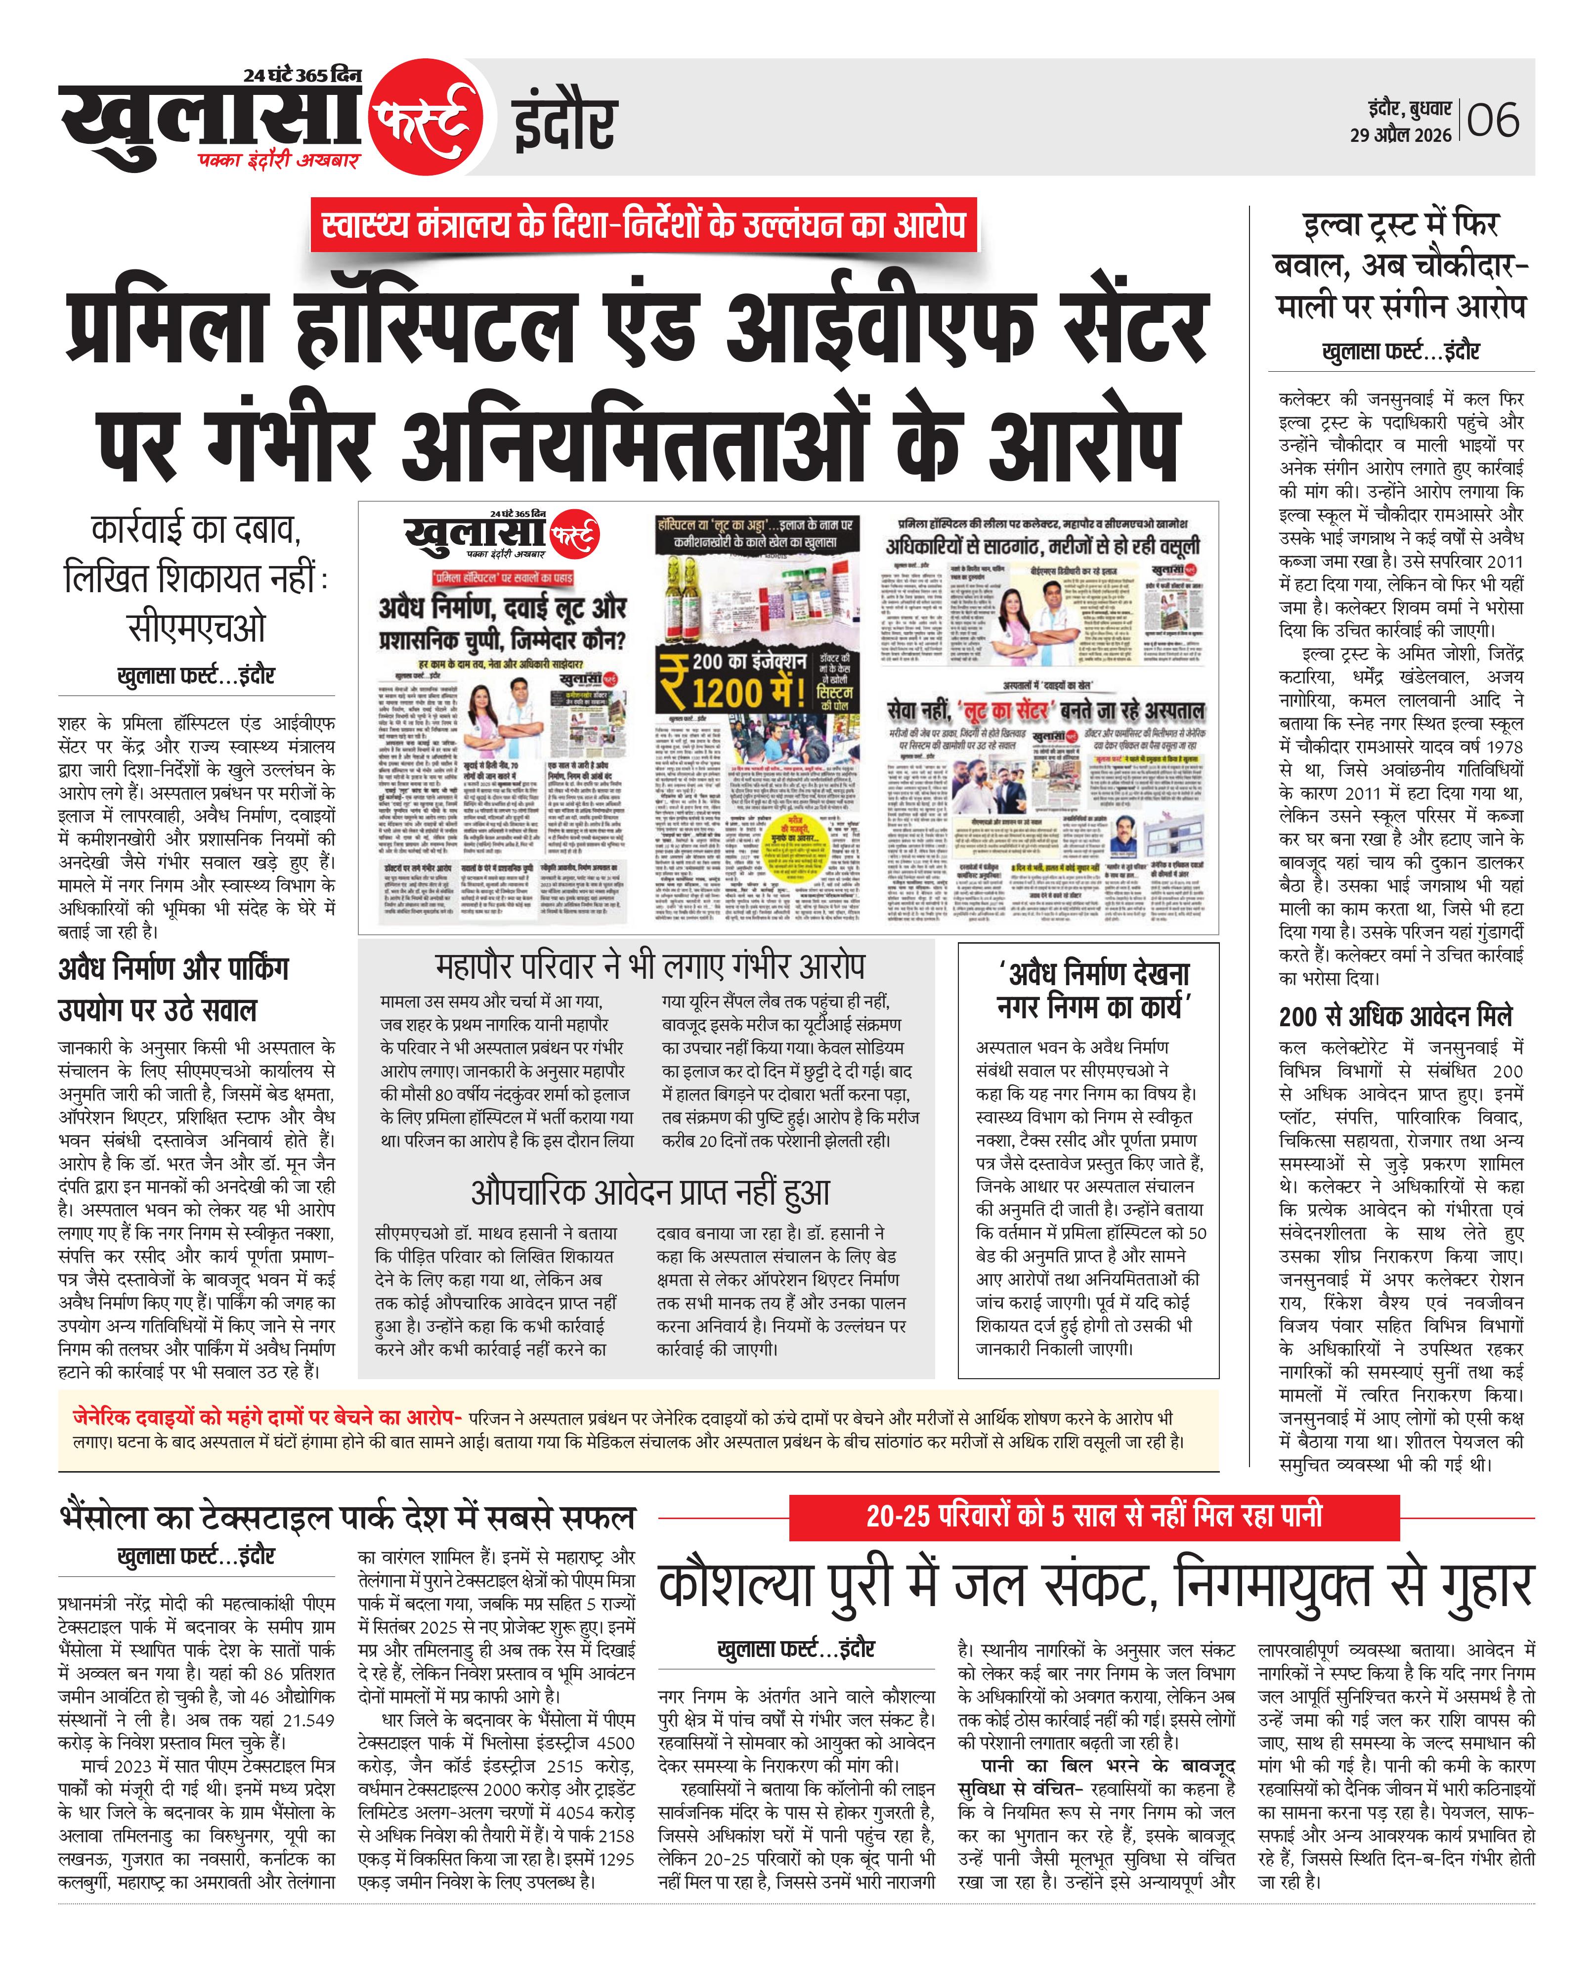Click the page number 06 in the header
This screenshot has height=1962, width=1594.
click(x=1494, y=120)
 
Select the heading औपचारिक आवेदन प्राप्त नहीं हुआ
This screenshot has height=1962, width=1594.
click(x=650, y=1192)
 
